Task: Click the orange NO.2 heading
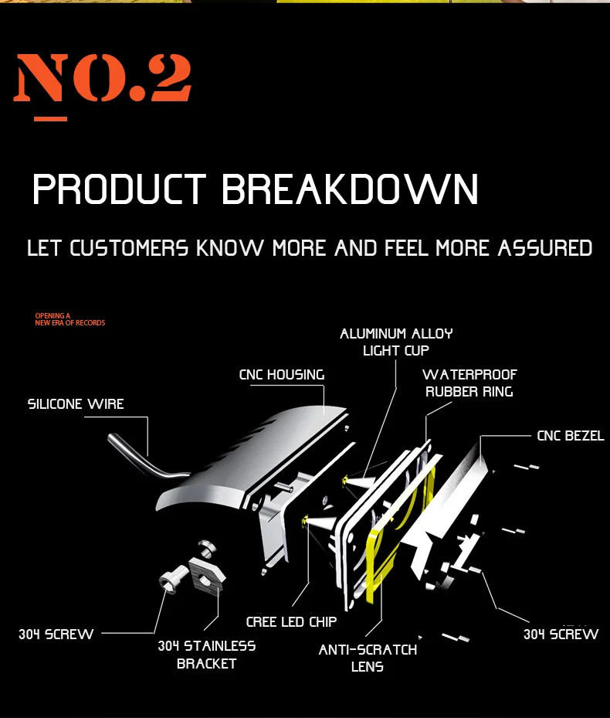pos(103,78)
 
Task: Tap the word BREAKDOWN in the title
pos(350,190)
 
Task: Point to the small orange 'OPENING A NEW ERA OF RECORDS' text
pos(69,319)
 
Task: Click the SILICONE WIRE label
pos(76,404)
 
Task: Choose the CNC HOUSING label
pos(281,375)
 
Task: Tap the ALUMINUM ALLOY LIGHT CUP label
pos(396,342)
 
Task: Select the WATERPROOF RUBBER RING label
pos(469,383)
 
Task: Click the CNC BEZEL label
pos(570,436)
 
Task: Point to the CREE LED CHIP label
pos(291,621)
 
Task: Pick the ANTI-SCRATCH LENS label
pos(368,658)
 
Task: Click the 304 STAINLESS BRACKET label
pos(206,654)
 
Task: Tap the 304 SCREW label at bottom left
pos(56,635)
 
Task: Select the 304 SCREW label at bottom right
pos(561,635)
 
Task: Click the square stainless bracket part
pos(207,573)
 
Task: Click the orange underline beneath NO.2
pos(50,119)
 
